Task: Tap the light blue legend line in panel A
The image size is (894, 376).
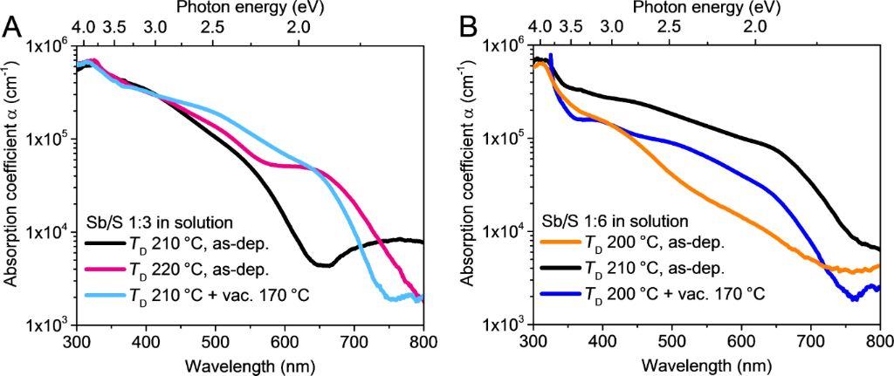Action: click(x=107, y=296)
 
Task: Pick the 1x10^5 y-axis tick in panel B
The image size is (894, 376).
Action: click(x=504, y=139)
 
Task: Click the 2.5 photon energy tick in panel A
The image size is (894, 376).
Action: click(x=212, y=27)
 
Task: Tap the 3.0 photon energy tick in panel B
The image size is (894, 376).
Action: click(x=612, y=27)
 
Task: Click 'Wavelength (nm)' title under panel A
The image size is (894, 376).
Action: click(x=249, y=362)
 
